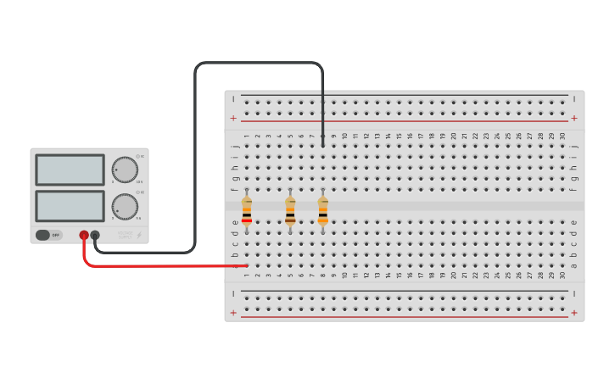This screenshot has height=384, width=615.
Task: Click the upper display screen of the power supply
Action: click(70, 170)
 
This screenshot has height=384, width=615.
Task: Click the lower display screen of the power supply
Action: click(70, 206)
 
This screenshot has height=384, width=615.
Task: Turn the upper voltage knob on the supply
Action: click(125, 170)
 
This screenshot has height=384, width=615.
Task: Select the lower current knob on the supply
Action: click(125, 206)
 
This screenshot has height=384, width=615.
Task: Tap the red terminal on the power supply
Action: click(84, 235)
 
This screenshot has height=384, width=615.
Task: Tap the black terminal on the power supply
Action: click(95, 235)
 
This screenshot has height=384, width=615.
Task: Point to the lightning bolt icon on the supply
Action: click(139, 236)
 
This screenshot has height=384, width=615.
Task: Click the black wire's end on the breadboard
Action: click(322, 146)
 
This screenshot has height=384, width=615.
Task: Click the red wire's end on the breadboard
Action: click(246, 265)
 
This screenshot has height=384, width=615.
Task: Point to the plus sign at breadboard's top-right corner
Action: click(574, 118)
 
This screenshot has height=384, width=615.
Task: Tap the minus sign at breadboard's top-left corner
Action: click(233, 99)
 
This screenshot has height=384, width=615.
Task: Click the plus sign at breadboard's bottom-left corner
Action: click(233, 313)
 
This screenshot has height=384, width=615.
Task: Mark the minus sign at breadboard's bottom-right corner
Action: click(574, 293)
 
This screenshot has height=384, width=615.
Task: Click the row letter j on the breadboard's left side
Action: click(235, 146)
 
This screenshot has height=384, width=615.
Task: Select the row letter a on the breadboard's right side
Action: click(574, 265)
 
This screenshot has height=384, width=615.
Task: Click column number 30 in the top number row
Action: click(562, 136)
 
